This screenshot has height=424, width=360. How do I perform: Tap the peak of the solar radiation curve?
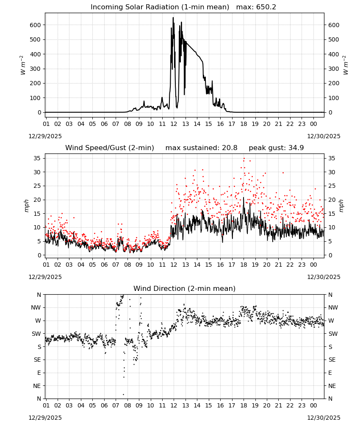[173, 17]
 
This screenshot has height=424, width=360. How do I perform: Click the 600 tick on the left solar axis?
[35, 25]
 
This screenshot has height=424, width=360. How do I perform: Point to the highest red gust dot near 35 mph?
[244, 159]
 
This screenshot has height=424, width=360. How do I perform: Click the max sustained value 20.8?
[230, 148]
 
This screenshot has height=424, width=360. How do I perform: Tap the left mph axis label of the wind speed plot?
[26, 206]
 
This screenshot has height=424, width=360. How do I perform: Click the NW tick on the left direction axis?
[36, 307]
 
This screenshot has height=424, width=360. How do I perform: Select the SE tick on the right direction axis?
[332, 360]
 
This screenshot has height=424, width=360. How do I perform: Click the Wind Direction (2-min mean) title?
[185, 288]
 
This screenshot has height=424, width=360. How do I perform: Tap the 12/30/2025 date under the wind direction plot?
[324, 418]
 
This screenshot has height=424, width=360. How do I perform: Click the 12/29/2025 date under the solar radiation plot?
[45, 136]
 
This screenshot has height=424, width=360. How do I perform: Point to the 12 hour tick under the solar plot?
[174, 124]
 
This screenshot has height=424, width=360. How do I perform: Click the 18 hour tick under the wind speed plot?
[244, 265]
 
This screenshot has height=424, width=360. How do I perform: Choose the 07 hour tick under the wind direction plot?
[116, 405]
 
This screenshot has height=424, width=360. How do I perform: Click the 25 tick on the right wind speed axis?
[331, 186]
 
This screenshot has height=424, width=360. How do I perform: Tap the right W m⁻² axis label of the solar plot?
[346, 65]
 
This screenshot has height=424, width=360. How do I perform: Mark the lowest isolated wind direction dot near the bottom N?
[124, 394]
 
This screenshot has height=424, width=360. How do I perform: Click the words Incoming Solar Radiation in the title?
[135, 7]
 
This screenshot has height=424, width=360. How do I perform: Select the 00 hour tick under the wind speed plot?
[313, 265]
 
